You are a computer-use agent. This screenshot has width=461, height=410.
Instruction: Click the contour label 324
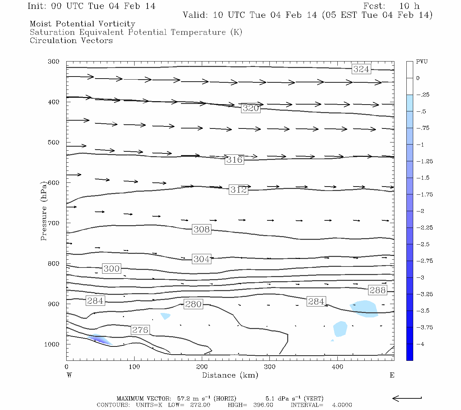coord(361,69)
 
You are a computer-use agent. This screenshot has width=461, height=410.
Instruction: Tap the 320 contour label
coord(251,108)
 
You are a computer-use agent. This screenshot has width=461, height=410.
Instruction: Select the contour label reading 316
coord(234,160)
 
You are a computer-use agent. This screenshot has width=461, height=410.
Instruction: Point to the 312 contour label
coord(238,190)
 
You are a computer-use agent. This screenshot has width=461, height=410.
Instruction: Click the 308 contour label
coord(201,229)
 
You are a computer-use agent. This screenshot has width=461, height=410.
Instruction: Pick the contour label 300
coord(111,269)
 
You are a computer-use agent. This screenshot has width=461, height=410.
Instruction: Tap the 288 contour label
coord(378,290)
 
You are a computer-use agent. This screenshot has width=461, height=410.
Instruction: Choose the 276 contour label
coord(140,330)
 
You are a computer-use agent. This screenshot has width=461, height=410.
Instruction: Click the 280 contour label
coord(193,304)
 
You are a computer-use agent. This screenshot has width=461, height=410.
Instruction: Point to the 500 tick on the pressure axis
coord(54,142)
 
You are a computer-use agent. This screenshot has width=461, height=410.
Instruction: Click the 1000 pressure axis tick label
coord(52,344)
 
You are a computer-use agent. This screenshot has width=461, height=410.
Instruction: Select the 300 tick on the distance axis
coord(270,367)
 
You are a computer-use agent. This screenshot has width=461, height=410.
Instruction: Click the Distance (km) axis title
coord(230,375)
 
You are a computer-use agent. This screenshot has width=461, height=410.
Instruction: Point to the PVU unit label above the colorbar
coord(422,62)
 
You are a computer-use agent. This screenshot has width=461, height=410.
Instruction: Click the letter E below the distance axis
coord(392,375)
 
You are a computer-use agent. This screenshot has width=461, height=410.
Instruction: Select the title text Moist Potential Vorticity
coord(82,24)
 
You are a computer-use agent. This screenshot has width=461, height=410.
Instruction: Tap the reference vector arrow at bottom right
coord(407,398)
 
